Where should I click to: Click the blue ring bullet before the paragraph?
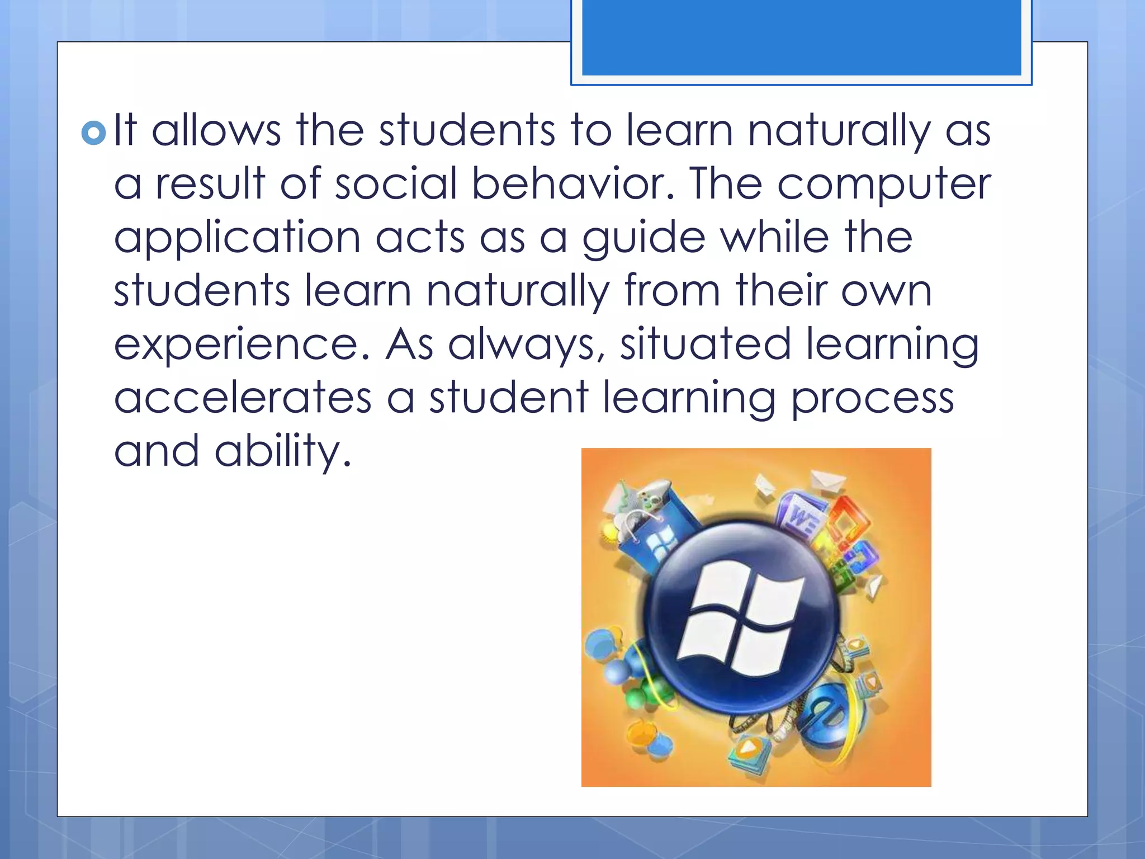point(93,133)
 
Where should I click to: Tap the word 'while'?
point(774,237)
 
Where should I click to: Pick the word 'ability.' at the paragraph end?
point(283,452)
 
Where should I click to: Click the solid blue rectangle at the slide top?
point(801,37)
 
